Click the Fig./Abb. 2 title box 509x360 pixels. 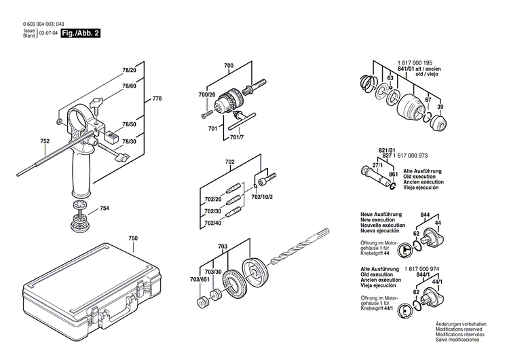pos(80,33)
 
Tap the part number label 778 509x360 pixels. pos(157,99)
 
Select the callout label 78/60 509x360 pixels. pos(129,86)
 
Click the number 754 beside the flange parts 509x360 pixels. pos(105,209)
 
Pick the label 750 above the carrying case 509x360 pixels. pos(133,239)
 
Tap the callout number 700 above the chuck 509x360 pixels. pos(228,65)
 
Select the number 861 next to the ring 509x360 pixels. pos(393,176)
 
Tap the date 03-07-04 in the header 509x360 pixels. pos(47,33)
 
